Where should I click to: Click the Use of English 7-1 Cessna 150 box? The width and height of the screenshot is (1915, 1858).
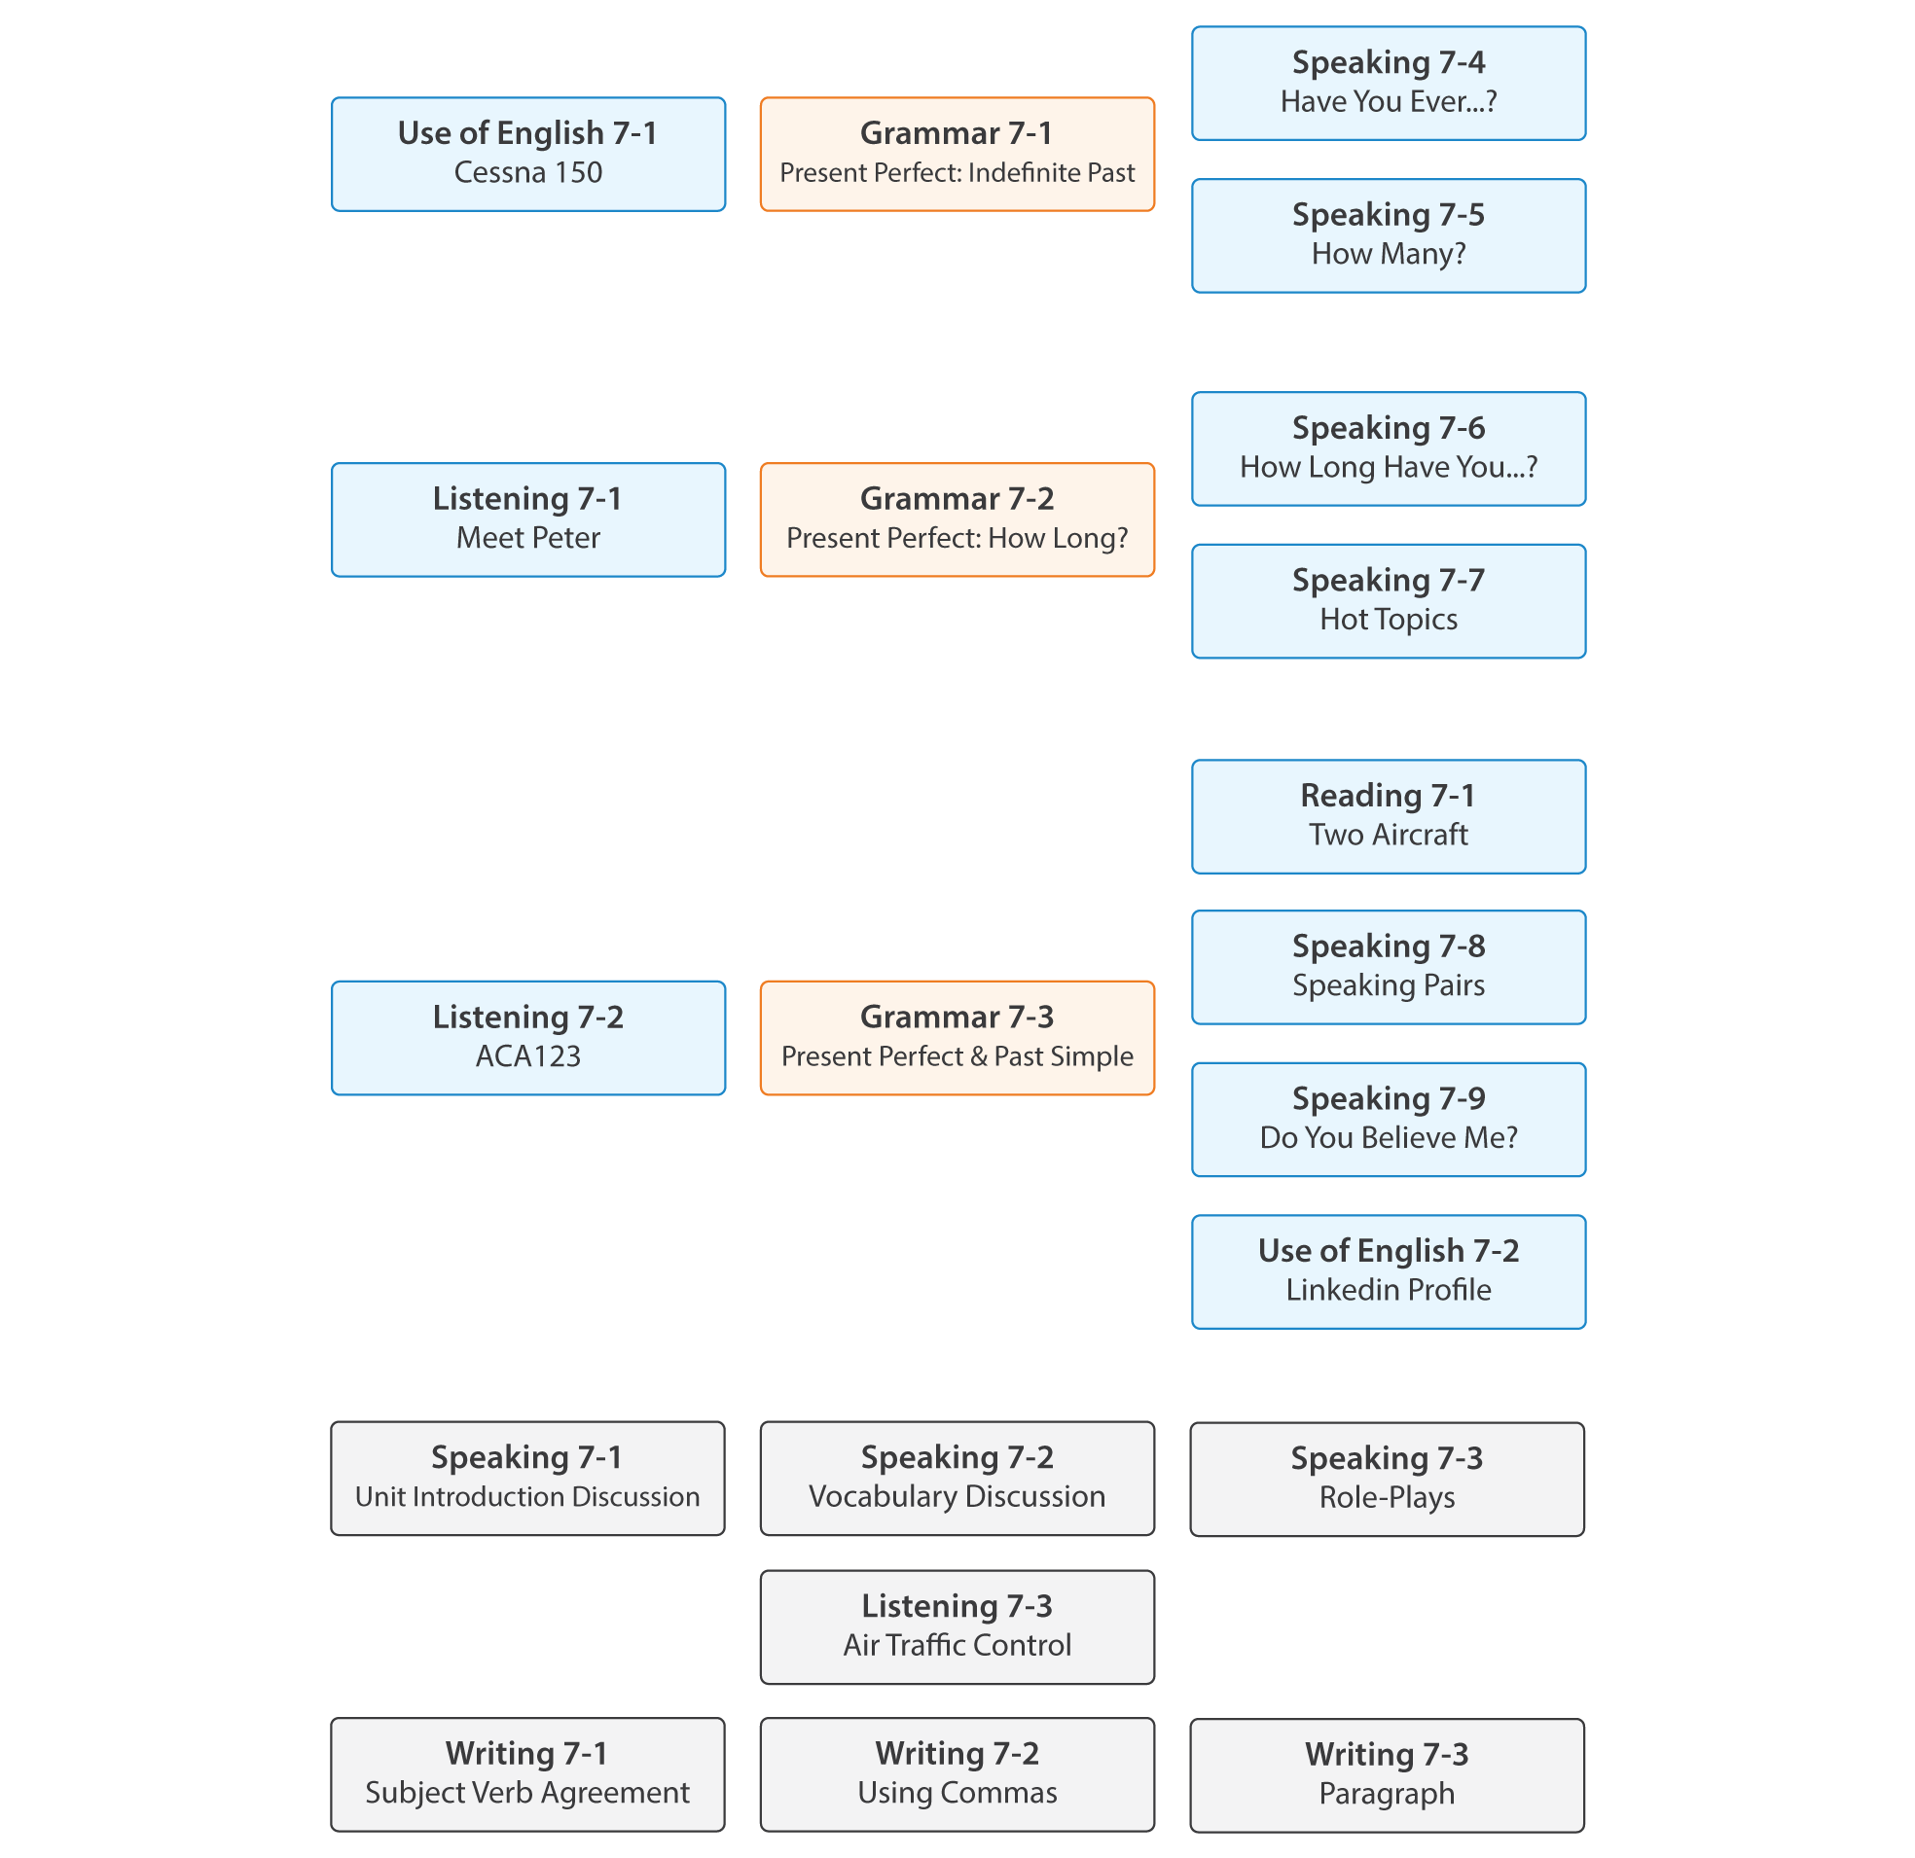[x=527, y=154]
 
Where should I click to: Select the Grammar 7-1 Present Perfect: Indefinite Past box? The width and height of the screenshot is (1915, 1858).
[x=957, y=154]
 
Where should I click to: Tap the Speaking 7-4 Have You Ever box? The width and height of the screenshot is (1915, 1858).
[x=1388, y=83]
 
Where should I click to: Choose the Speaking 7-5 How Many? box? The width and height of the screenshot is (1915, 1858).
[x=1388, y=235]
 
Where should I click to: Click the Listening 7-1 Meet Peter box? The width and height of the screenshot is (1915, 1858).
[x=527, y=519]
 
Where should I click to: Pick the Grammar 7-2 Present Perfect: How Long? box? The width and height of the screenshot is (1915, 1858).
[x=957, y=519]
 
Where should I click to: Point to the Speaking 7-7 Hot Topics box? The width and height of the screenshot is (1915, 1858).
[x=1388, y=601]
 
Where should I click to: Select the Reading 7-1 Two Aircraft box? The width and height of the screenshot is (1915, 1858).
[x=1388, y=816]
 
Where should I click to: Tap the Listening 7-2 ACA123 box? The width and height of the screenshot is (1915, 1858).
[x=527, y=1037]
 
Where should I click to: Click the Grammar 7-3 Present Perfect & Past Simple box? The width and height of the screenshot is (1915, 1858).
[x=957, y=1037]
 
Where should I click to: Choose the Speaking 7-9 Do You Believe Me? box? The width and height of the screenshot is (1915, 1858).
[x=1388, y=1119]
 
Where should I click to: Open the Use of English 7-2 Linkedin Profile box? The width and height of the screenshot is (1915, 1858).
[x=1388, y=1270]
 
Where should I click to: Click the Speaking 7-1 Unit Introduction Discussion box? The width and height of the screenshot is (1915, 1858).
[x=527, y=1478]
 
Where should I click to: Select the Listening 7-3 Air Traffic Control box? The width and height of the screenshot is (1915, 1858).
[x=957, y=1626]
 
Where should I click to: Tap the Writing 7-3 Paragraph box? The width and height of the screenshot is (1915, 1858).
[x=1387, y=1775]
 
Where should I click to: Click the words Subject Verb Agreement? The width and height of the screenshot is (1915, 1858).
[x=527, y=1793]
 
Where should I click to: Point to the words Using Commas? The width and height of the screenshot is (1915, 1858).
[x=957, y=1793]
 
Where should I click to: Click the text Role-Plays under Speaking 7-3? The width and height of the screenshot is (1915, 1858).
[x=1387, y=1496]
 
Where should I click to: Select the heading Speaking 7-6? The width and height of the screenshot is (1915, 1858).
[x=1388, y=428]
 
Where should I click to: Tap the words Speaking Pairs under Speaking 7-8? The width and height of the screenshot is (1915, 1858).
[x=1388, y=984]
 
